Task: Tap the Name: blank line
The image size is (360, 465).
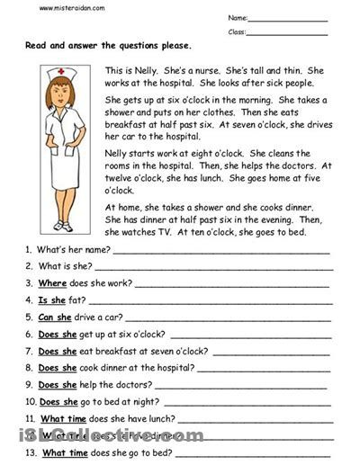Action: click(x=288, y=19)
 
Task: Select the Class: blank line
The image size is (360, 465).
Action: click(x=288, y=32)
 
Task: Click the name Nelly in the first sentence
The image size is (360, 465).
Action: click(x=161, y=69)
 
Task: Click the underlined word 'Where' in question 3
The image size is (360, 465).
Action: click(x=52, y=282)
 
